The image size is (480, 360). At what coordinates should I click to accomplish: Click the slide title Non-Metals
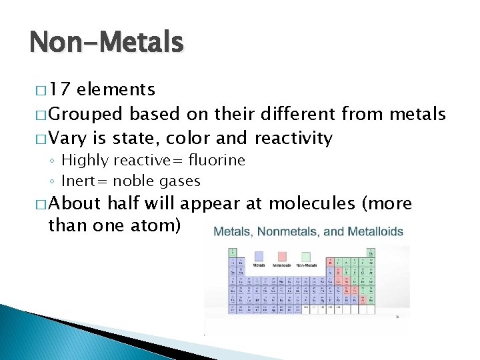coord(106,43)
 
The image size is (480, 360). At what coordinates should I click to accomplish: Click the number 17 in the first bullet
coord(61,90)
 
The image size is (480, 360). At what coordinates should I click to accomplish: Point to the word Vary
coord(67,139)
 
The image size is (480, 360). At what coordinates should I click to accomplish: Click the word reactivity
coord(293,139)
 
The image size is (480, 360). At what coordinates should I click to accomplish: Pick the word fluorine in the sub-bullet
coord(217,160)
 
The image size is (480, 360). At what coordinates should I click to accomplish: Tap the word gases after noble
coord(179,181)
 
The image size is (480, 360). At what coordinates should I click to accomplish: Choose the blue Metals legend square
coord(259,257)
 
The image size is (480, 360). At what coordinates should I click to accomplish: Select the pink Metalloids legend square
coord(282,257)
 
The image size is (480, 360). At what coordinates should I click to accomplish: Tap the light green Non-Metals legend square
coord(306,257)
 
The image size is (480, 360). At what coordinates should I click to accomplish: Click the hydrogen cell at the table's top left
coord(233,253)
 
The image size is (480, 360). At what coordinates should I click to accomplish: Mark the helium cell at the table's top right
coord(370,253)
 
